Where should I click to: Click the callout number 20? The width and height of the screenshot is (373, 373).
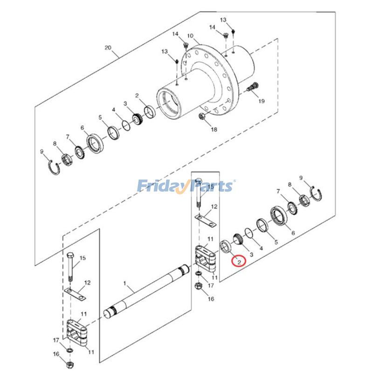pyautogui.click(x=108, y=48)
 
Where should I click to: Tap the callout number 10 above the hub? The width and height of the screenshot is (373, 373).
pyautogui.click(x=190, y=36)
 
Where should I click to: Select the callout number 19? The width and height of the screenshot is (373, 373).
pyautogui.click(x=262, y=101)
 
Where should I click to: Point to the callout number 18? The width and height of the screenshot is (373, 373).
pyautogui.click(x=214, y=130)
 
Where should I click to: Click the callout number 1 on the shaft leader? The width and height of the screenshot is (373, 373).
pyautogui.click(x=125, y=283)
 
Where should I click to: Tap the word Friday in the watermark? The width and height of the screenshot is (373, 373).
pyautogui.click(x=159, y=186)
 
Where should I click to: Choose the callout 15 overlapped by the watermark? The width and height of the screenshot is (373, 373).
pyautogui.click(x=210, y=186)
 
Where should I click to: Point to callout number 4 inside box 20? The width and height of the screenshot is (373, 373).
pyautogui.click(x=113, y=110)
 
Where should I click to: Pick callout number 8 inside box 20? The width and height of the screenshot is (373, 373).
pyautogui.click(x=55, y=144)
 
